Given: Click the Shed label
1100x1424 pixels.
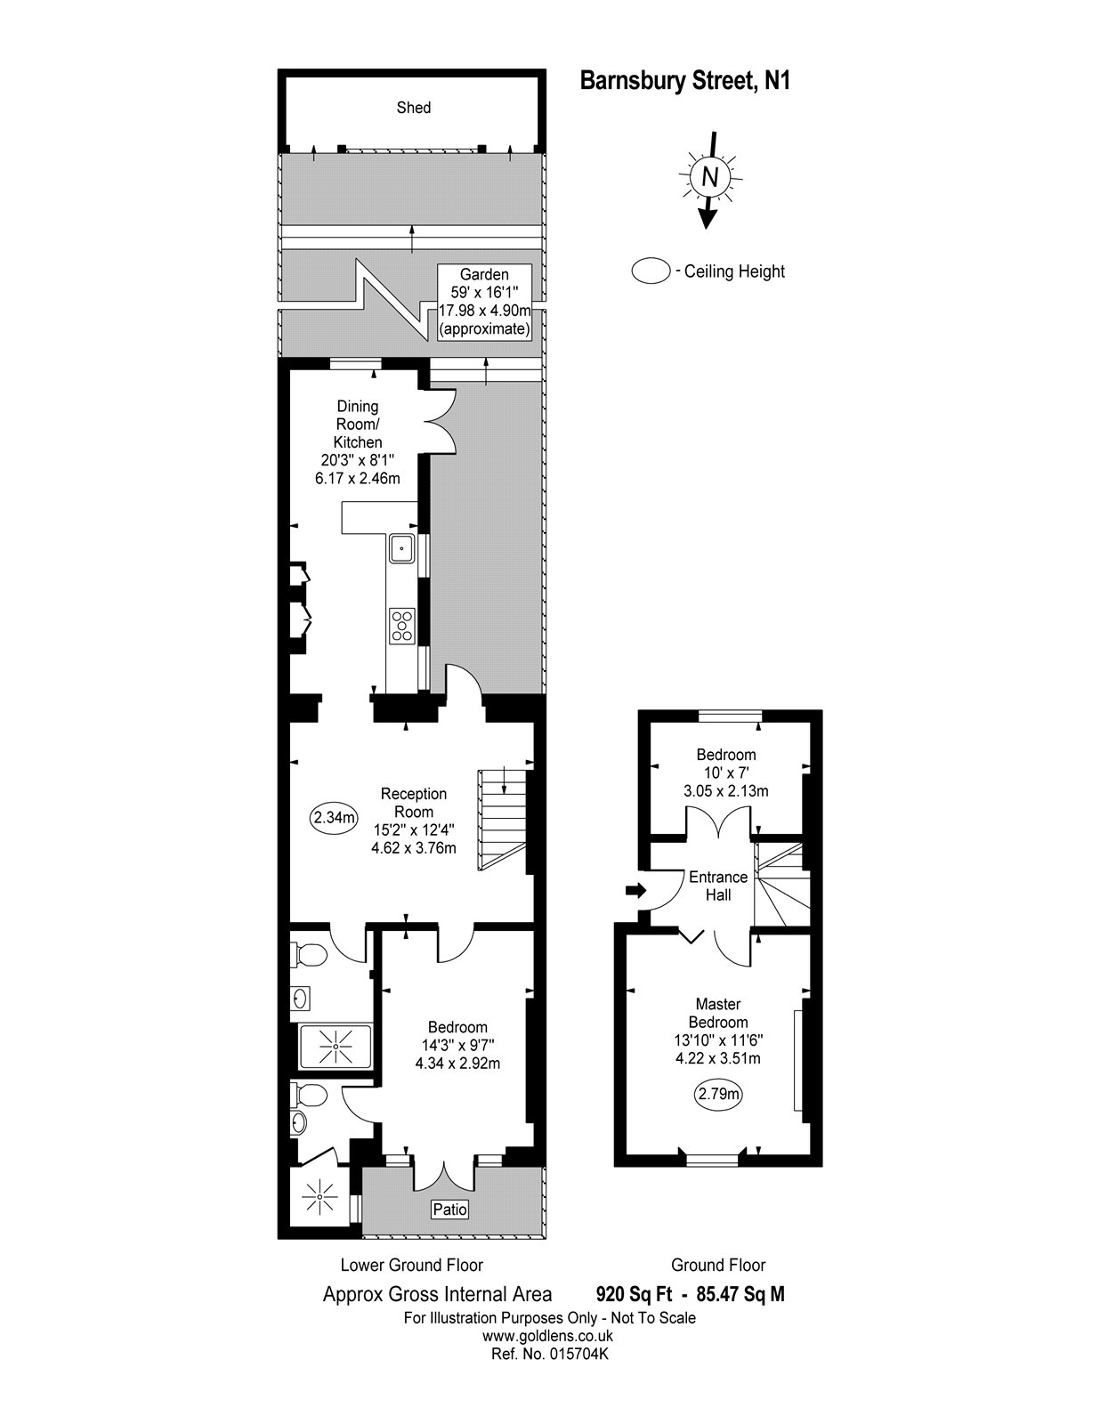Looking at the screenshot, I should (x=413, y=108).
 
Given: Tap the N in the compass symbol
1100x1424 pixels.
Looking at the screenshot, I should (x=709, y=176).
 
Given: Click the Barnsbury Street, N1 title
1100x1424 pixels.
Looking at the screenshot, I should (x=685, y=81).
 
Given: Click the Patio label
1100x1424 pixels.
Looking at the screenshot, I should (x=449, y=1210).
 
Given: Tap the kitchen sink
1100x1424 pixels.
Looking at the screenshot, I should (x=402, y=549).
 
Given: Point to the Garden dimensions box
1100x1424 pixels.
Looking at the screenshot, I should (x=485, y=302).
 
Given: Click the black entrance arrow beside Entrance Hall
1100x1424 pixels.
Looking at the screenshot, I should (x=635, y=890).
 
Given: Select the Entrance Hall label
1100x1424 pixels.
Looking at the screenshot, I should (x=718, y=886).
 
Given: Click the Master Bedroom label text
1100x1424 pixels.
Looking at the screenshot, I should (x=718, y=1013).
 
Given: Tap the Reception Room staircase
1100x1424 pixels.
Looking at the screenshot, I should (x=503, y=820).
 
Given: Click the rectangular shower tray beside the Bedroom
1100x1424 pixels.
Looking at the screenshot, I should (x=335, y=1046).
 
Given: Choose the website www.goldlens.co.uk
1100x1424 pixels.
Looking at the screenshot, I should (x=547, y=1336).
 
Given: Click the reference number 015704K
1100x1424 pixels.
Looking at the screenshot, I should (x=549, y=1354).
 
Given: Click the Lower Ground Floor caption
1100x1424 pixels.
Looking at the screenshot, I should (x=411, y=1265).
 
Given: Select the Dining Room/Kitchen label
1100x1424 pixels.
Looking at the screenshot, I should (x=358, y=425).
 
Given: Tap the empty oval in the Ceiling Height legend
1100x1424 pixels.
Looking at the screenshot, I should (x=650, y=271).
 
